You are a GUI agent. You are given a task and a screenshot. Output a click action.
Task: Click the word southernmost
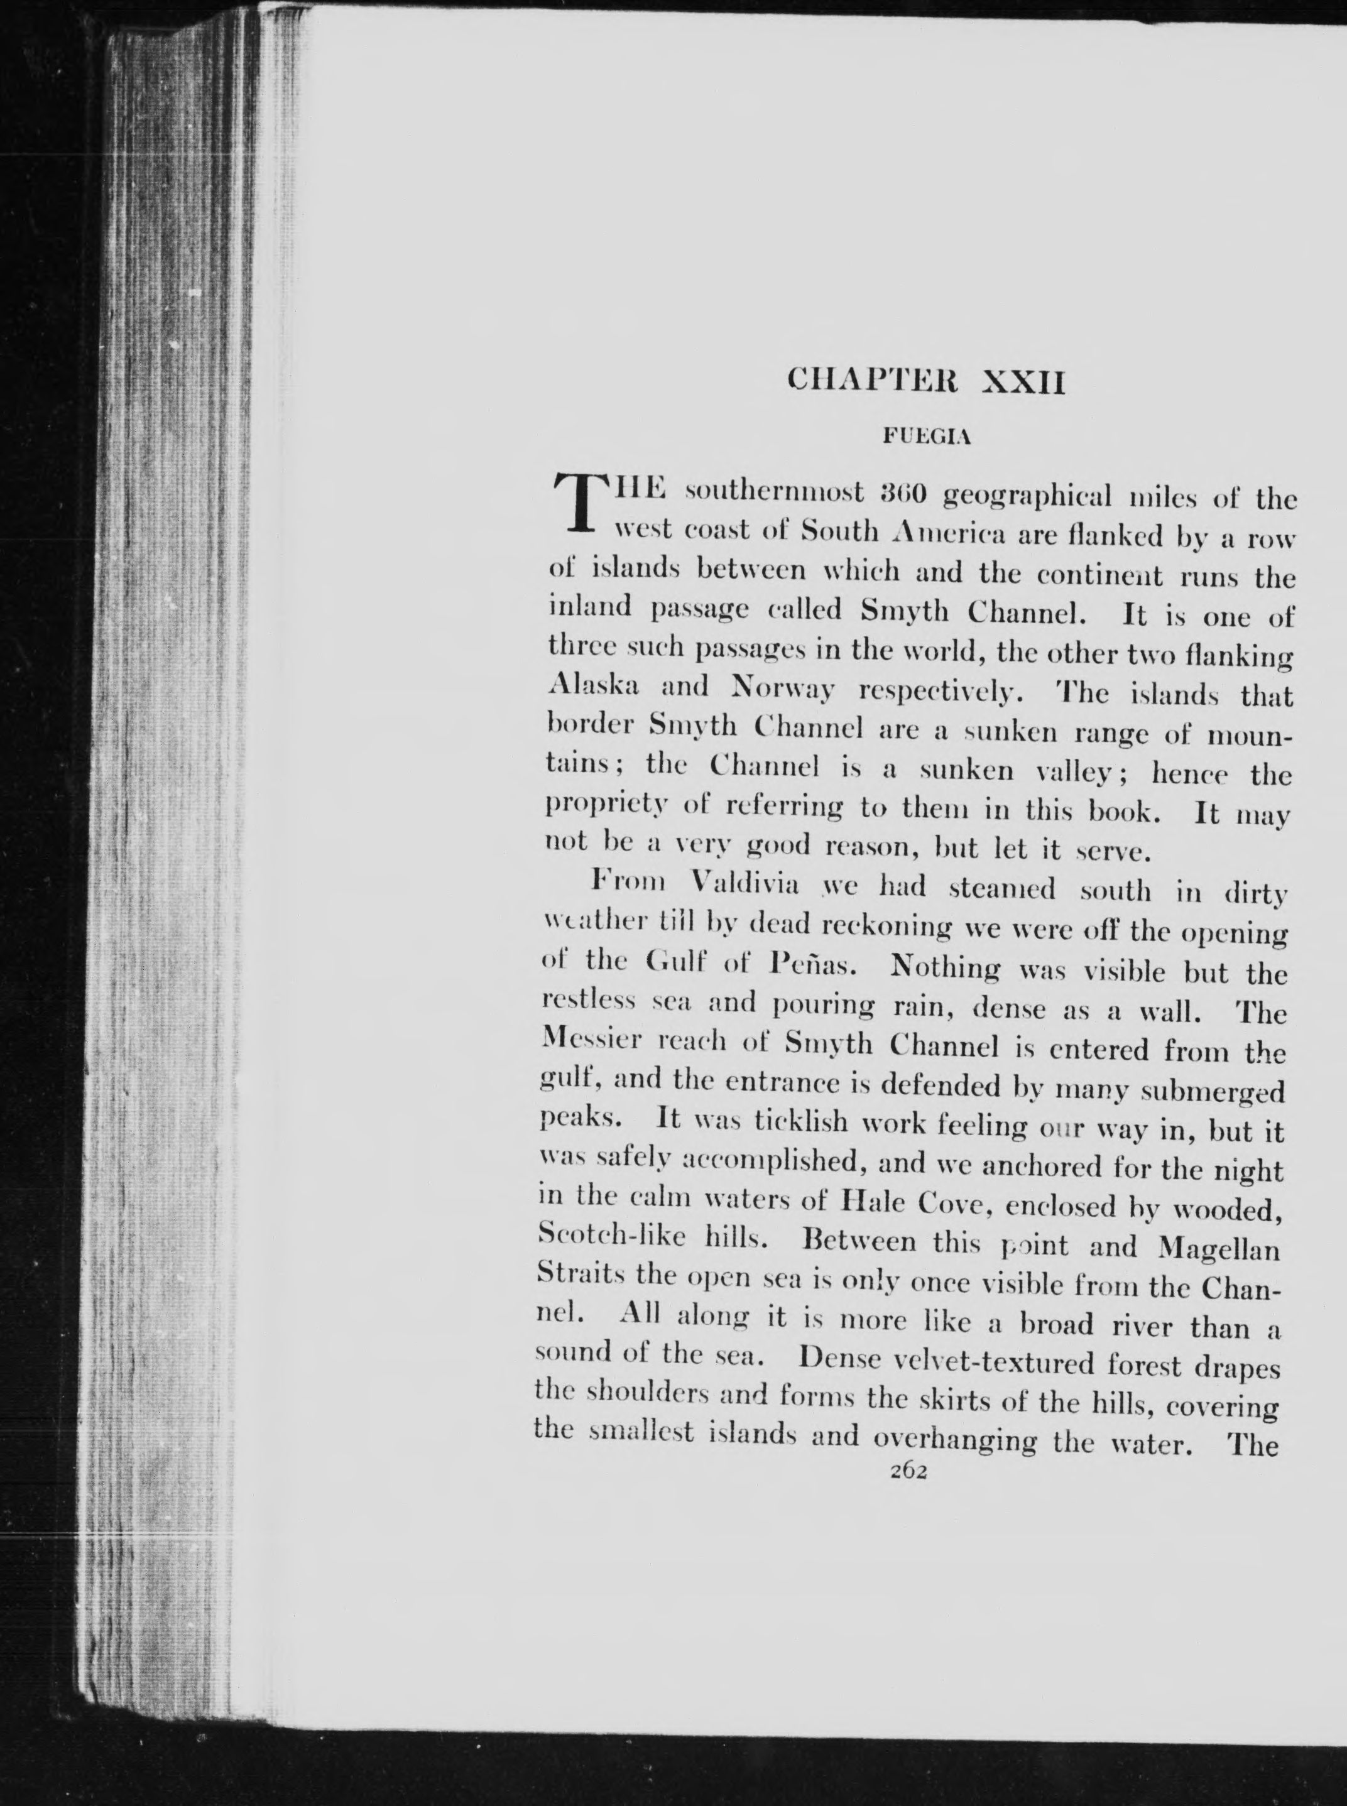coord(774,494)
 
